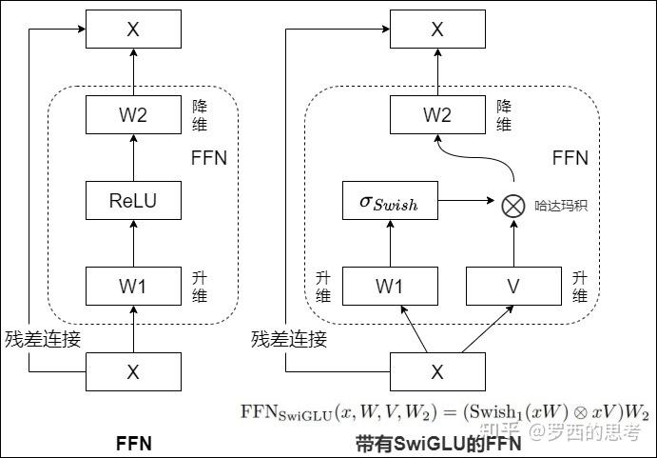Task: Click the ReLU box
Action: click(x=133, y=201)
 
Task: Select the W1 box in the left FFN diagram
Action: click(x=133, y=285)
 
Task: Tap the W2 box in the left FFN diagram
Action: click(x=133, y=115)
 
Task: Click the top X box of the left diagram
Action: click(x=133, y=30)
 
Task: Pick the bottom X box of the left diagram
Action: click(x=133, y=372)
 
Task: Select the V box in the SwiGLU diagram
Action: click(x=512, y=285)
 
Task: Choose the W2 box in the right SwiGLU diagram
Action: click(x=436, y=115)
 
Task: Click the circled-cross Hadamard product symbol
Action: click(x=512, y=202)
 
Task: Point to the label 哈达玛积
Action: click(x=560, y=203)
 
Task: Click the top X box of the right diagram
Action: click(x=436, y=30)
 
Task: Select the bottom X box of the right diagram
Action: click(x=436, y=372)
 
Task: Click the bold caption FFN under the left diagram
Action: click(x=133, y=443)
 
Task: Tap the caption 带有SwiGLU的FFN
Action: click(x=438, y=443)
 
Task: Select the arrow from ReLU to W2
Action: click(x=133, y=158)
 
